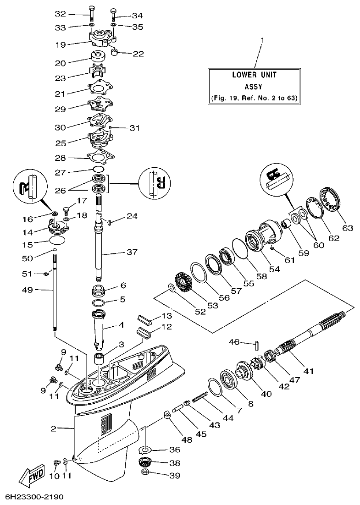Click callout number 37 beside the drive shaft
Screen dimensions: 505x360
(x=132, y=252)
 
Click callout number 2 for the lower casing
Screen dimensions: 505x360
(x=54, y=428)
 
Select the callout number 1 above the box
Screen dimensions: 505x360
(x=262, y=41)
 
